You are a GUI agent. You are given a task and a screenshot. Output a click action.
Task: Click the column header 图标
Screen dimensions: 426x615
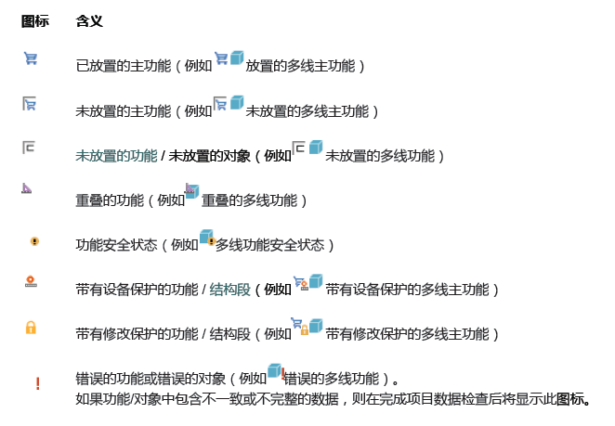pos(35,20)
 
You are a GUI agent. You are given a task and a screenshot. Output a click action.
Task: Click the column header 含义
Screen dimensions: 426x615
pos(89,20)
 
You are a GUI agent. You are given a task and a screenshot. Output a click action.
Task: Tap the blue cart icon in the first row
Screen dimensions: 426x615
pos(31,58)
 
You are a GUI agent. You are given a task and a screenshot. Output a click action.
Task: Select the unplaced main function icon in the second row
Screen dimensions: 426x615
pos(31,104)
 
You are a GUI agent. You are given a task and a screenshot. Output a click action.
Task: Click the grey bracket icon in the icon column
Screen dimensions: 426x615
pos(31,148)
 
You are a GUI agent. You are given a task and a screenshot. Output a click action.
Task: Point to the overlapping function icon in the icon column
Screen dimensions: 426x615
pos(28,188)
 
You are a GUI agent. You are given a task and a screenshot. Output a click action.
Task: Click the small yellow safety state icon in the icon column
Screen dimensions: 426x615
pos(34,241)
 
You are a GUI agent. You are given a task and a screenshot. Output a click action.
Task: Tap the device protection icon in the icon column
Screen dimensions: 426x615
pos(31,281)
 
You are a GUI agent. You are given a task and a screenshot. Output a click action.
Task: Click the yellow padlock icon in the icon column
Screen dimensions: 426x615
pos(31,327)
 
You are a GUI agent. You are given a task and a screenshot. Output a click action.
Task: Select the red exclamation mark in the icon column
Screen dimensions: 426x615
pos(37,383)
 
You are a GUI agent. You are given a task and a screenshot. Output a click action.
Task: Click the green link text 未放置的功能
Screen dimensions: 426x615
pos(116,156)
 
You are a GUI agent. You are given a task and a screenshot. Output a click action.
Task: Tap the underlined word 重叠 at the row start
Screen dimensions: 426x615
pos(89,200)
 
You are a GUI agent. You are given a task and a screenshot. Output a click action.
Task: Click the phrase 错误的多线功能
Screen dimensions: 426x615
pos(330,380)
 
